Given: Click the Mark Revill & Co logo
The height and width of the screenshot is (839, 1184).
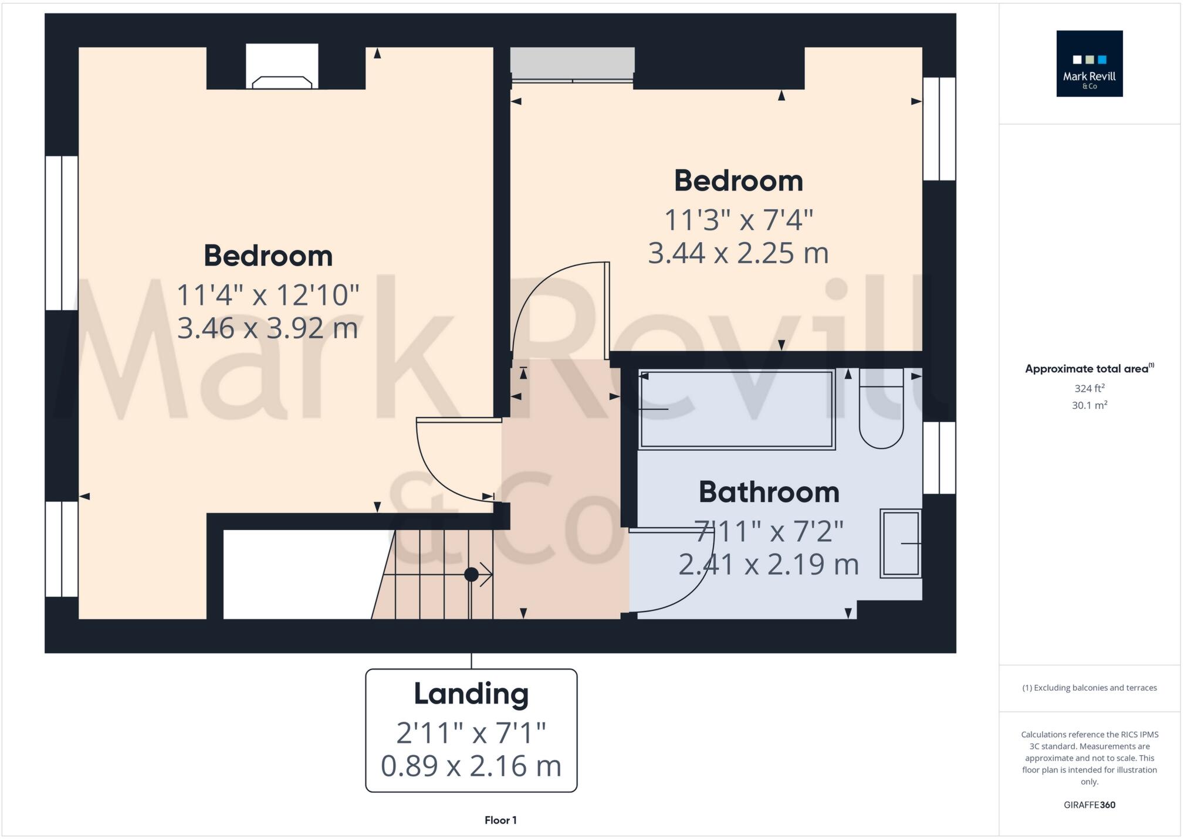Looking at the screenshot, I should (x=1089, y=63).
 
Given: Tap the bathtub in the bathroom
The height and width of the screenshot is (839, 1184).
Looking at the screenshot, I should (x=736, y=409).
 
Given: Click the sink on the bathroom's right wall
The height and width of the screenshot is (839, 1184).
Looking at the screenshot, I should (x=901, y=544).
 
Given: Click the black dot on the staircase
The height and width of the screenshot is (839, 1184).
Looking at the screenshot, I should (x=471, y=575).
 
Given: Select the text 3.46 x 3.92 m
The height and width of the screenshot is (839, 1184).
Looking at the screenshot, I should (x=268, y=328).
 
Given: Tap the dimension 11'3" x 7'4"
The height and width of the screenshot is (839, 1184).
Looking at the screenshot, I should (x=738, y=221).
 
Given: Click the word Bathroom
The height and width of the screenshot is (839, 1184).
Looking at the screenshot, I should (x=769, y=492).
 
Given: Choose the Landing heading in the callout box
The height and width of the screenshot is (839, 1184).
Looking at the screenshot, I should (x=471, y=694).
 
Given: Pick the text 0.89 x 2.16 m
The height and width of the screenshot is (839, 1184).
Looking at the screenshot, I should (x=471, y=766).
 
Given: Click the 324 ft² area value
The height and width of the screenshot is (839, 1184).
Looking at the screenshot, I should (x=1089, y=388).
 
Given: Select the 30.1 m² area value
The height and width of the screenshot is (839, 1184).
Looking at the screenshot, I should (x=1089, y=405).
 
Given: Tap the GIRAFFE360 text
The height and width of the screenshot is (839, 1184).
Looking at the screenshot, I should (x=1089, y=805).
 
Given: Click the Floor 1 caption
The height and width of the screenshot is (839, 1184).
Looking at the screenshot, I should (x=500, y=820).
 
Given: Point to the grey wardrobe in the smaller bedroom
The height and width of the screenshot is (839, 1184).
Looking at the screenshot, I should (x=572, y=61).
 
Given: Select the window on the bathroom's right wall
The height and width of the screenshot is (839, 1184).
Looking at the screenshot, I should (x=939, y=457).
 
